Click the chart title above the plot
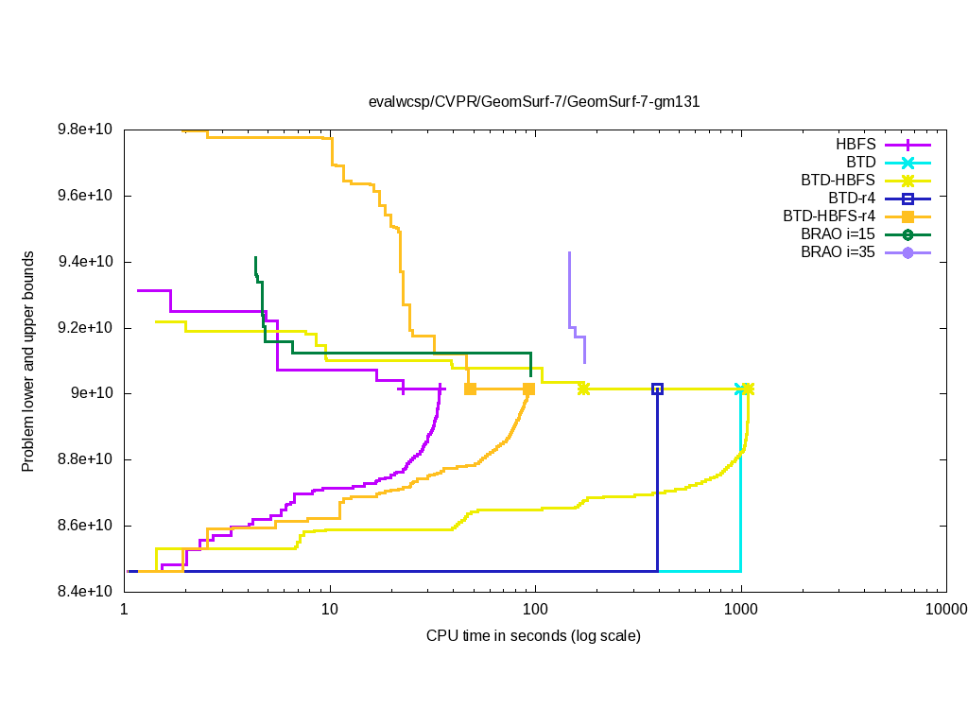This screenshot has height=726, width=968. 534,101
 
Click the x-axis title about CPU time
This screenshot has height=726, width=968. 534,635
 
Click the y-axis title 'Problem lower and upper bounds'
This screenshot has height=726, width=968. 28,362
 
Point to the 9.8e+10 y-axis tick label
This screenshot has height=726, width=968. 85,130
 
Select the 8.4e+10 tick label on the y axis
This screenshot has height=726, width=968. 85,592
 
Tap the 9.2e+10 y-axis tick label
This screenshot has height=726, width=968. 85,328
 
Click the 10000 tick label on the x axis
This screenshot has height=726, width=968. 945,611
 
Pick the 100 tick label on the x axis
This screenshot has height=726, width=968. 535,611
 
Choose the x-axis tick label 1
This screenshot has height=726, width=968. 125,611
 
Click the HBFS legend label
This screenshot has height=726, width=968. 856,145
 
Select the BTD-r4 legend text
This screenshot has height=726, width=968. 852,199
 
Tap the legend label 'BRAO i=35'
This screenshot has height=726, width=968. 838,252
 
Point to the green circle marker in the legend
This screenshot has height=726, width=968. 907,234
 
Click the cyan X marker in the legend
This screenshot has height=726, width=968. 907,163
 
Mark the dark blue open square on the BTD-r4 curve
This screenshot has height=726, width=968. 657,389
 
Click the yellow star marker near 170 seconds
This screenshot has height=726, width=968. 583,389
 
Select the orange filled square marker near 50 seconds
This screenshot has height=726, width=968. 470,389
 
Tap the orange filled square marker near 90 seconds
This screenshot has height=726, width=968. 528,389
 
